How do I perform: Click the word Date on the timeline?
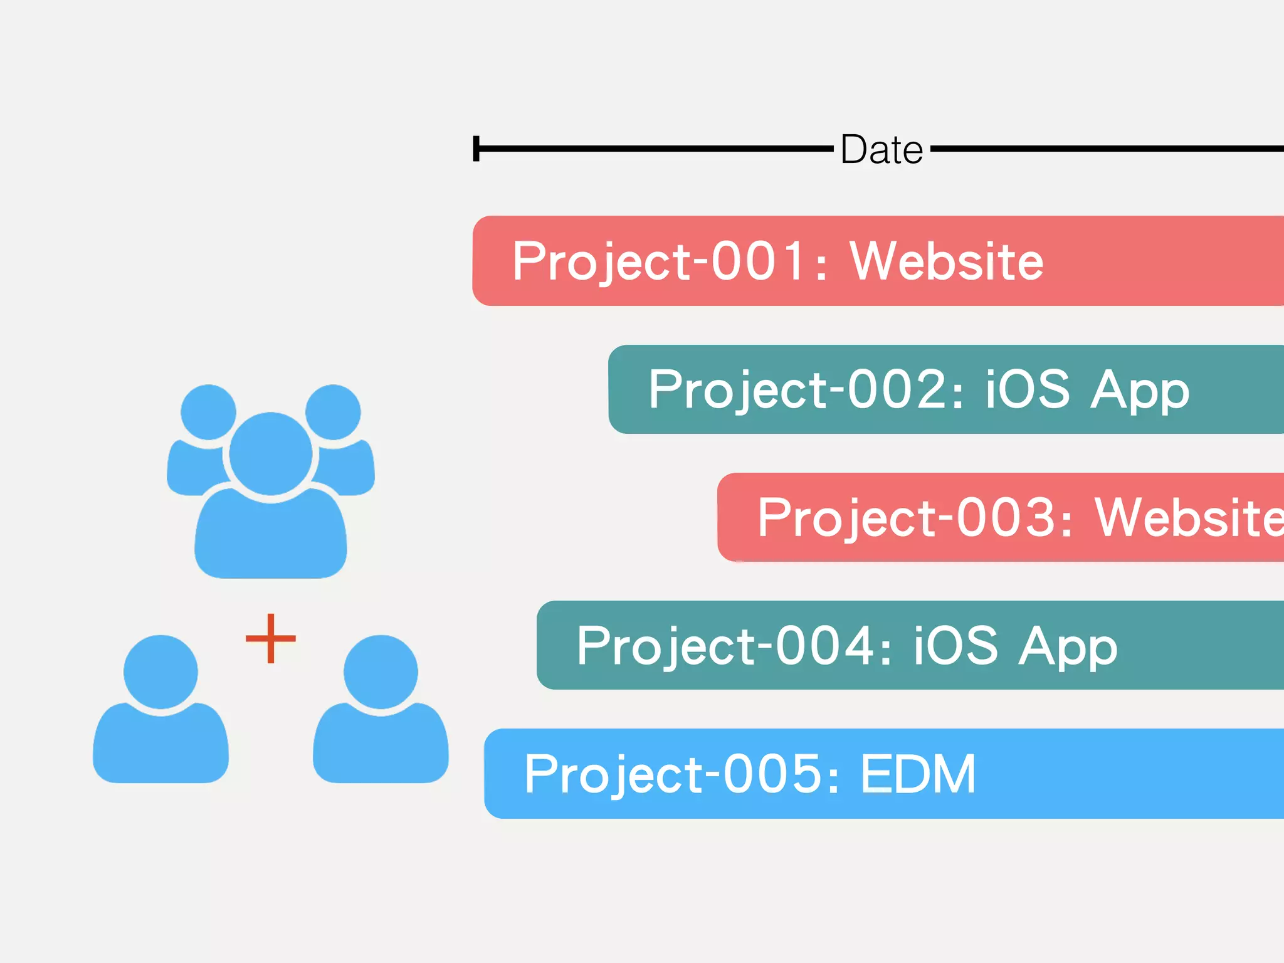pyautogui.click(x=881, y=150)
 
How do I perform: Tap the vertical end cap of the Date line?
pyautogui.click(x=476, y=149)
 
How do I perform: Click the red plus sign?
pyautogui.click(x=270, y=638)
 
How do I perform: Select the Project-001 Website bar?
pyautogui.click(x=878, y=261)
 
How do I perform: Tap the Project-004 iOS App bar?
pyautogui.click(x=910, y=645)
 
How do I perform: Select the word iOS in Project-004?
pyautogui.click(x=955, y=645)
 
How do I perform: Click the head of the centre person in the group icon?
pyautogui.click(x=270, y=453)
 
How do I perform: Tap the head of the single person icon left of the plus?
pyautogui.click(x=160, y=672)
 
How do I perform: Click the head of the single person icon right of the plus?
pyautogui.click(x=381, y=672)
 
